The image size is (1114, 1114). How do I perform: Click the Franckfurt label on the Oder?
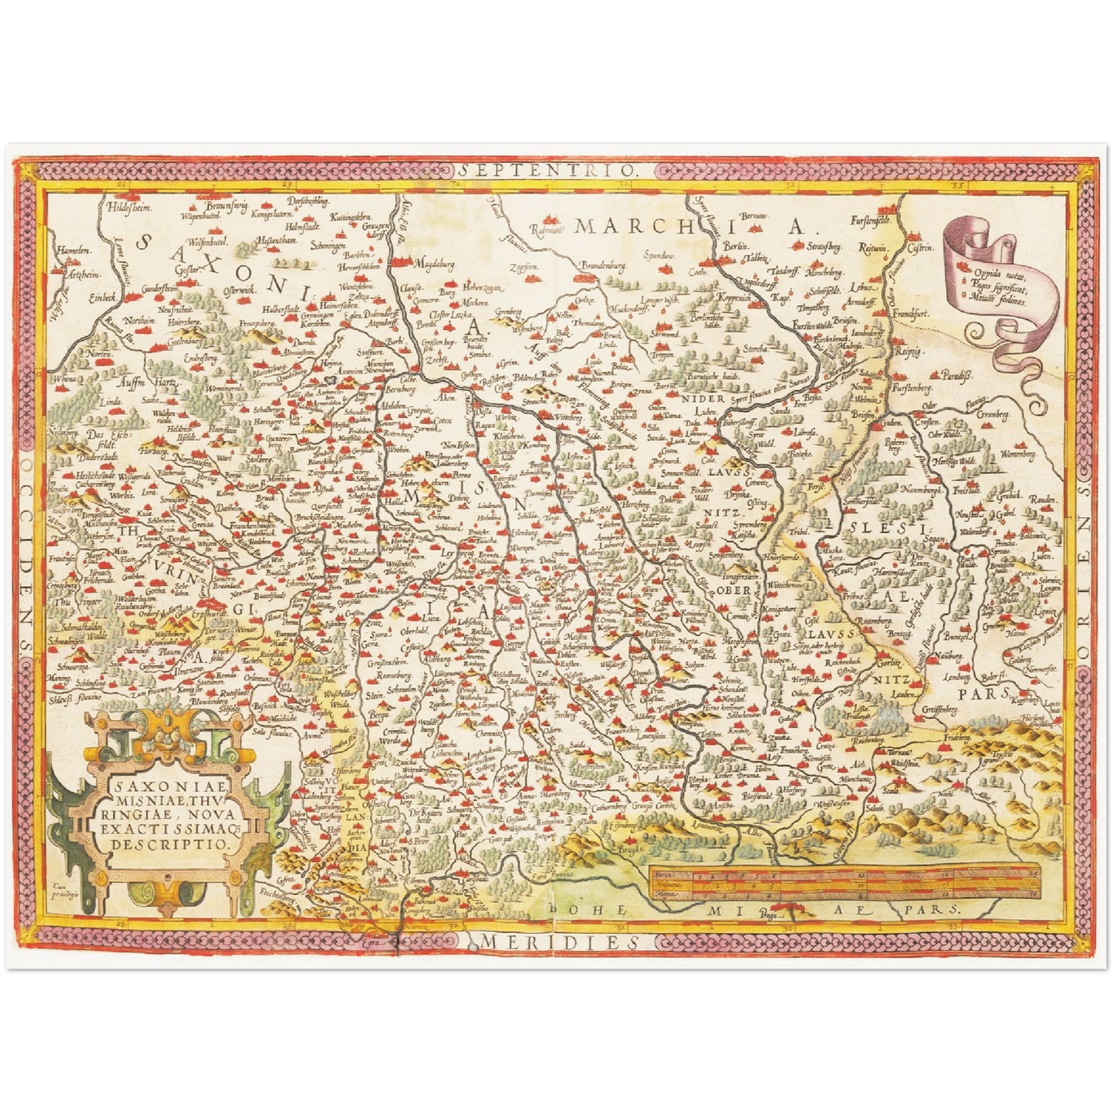(912, 315)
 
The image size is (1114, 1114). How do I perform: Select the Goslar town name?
(186, 269)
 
